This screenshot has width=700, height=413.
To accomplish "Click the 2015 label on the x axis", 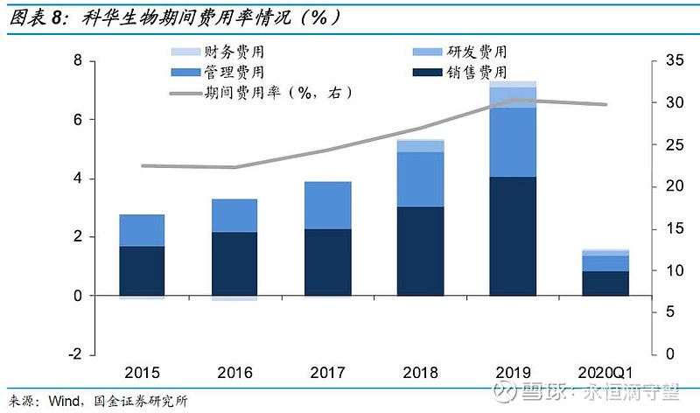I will click(143, 372).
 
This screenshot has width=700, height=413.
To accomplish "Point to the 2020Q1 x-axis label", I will click(606, 372).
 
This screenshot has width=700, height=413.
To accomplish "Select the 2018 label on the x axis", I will click(421, 372).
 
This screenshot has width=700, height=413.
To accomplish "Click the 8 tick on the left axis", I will click(78, 60).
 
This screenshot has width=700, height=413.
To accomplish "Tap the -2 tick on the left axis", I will click(75, 354).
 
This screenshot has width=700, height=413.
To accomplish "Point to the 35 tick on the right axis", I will click(669, 60).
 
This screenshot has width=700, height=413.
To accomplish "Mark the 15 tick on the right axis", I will click(669, 228).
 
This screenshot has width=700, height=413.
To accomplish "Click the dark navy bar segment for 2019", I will click(513, 236).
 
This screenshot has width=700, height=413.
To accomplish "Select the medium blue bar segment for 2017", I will click(327, 206).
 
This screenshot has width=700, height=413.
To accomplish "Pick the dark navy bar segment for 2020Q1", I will click(606, 283).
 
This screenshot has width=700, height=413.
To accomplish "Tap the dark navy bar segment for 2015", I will click(142, 270).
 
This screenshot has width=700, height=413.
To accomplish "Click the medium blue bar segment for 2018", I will click(420, 179).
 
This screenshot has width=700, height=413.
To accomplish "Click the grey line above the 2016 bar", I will click(234, 167).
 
